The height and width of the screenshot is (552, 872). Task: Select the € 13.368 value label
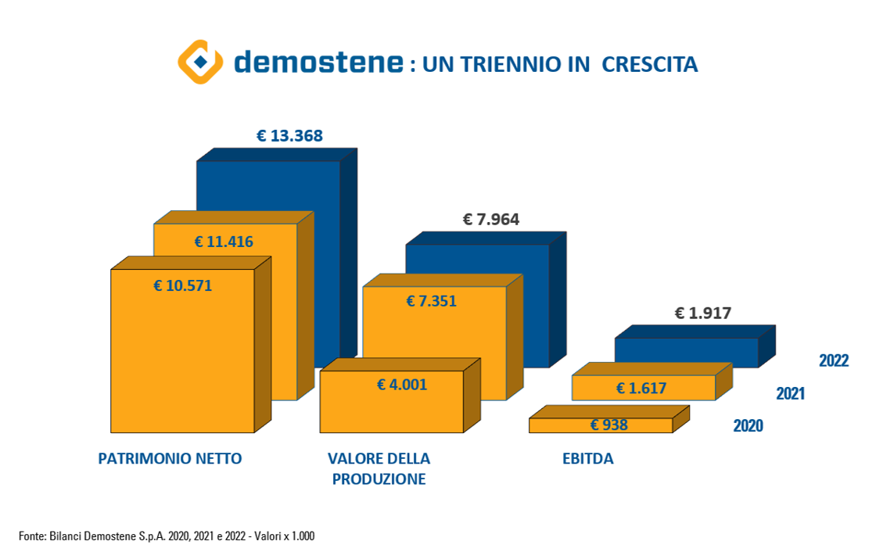(289, 136)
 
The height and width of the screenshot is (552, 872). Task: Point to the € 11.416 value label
(224, 242)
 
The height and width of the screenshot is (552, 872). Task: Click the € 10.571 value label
(182, 285)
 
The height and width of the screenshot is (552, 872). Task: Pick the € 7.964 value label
(491, 220)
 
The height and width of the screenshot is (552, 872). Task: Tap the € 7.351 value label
(431, 301)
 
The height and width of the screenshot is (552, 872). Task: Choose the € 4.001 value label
(402, 384)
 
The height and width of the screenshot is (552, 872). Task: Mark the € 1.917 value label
(703, 314)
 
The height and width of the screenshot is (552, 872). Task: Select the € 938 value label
(609, 425)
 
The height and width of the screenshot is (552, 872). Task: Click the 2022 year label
(834, 360)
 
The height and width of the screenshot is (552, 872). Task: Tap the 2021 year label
(790, 393)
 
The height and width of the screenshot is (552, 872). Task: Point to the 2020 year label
(748, 426)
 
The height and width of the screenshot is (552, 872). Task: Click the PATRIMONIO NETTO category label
(170, 459)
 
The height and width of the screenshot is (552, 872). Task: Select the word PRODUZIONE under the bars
(379, 479)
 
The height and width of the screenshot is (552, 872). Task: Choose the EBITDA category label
(588, 459)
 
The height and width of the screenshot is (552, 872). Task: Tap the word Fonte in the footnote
(31, 536)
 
